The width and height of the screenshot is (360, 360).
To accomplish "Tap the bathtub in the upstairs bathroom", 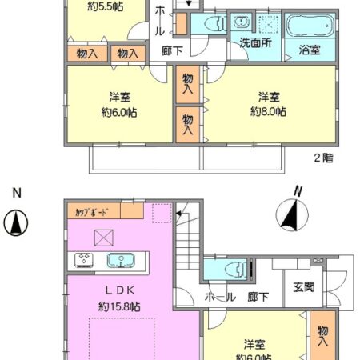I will [x=311, y=30].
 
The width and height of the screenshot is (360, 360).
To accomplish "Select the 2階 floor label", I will [x=324, y=158].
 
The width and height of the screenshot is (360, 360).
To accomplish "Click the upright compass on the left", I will [x=15, y=221].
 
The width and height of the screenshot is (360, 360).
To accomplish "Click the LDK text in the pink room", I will [x=118, y=290].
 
